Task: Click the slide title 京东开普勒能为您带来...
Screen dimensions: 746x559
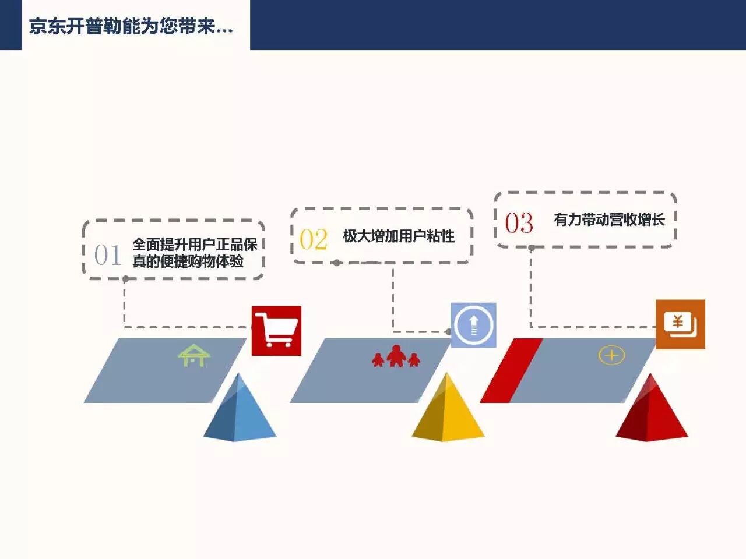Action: pyautogui.click(x=131, y=26)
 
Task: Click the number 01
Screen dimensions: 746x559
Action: pyautogui.click(x=108, y=255)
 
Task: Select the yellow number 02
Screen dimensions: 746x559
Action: pyautogui.click(x=314, y=239)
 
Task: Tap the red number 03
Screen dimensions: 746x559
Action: pyautogui.click(x=519, y=223)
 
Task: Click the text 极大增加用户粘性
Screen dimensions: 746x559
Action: pyautogui.click(x=399, y=236)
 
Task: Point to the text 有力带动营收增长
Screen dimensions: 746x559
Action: pyautogui.click(x=609, y=220)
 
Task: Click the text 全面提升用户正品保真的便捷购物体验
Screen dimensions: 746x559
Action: pyautogui.click(x=195, y=253)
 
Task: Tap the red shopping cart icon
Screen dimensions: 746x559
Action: pyautogui.click(x=276, y=330)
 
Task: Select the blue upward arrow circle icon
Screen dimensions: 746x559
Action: pyautogui.click(x=473, y=325)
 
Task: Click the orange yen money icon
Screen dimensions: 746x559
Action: pyautogui.click(x=680, y=324)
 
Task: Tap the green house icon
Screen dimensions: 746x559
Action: pyautogui.click(x=193, y=355)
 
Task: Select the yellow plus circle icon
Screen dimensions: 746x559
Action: pyautogui.click(x=611, y=355)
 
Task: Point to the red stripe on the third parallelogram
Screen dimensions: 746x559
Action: pyautogui.click(x=511, y=370)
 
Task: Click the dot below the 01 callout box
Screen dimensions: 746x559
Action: pyautogui.click(x=125, y=279)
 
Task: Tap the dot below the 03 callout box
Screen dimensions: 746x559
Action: pyautogui.click(x=532, y=248)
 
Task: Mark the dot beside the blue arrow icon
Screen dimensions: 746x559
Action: pyautogui.click(x=448, y=332)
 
